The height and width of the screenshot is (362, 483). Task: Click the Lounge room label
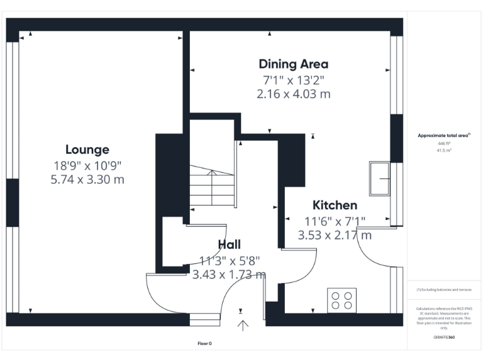tap(87, 150)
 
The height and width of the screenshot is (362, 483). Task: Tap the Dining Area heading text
tap(293, 64)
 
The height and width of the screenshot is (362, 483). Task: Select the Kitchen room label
tap(335, 206)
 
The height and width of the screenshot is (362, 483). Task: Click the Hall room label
tap(229, 244)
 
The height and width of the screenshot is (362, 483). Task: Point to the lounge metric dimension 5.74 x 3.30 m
tap(87, 180)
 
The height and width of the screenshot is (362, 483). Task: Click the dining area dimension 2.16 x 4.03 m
tap(293, 94)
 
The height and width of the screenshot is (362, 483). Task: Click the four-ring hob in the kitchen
tap(341, 299)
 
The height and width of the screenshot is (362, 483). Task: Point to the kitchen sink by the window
tap(379, 179)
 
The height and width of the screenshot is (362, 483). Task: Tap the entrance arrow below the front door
tap(242, 325)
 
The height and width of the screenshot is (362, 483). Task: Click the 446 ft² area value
tap(444, 143)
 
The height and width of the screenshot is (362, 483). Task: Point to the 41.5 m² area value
tap(444, 151)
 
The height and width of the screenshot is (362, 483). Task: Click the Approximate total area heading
tap(444, 135)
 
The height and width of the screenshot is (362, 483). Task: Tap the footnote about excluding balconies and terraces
tap(444, 290)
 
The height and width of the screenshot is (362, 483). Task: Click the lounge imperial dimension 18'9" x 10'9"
tap(87, 165)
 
